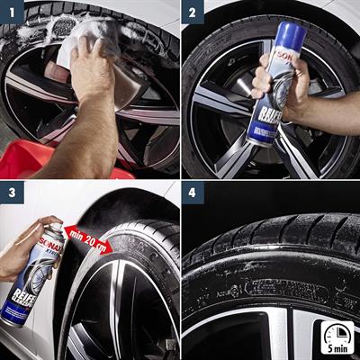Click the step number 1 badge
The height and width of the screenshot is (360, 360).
point(12,12)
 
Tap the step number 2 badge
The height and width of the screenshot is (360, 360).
point(193,12)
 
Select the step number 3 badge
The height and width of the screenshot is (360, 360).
point(12,193)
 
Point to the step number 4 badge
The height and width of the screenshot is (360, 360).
point(193,193)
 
